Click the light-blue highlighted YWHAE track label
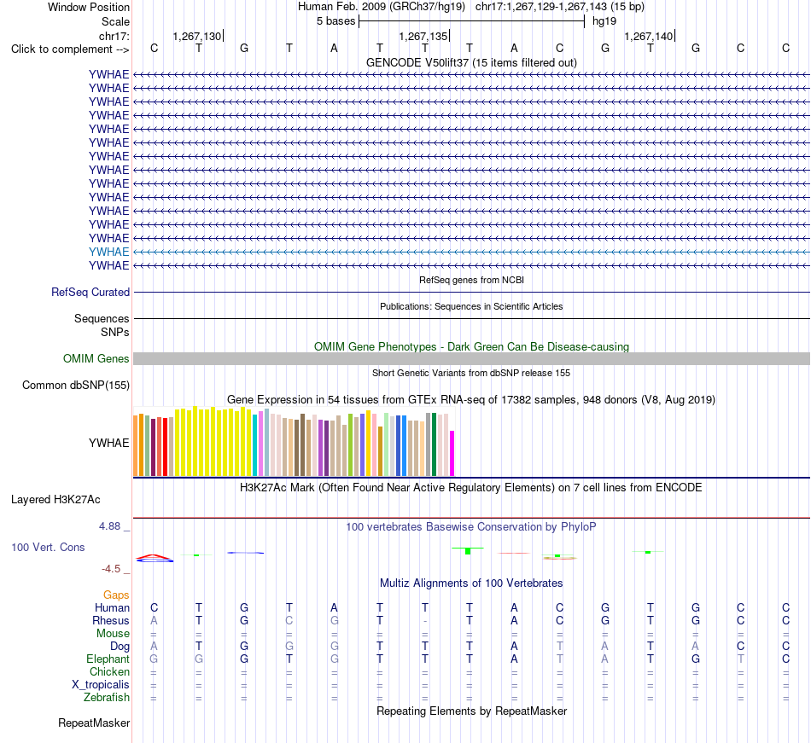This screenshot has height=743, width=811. click(x=108, y=252)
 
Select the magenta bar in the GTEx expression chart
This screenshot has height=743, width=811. click(x=452, y=453)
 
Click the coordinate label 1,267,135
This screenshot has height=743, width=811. click(x=423, y=36)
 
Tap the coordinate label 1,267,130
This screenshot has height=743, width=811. click(x=197, y=36)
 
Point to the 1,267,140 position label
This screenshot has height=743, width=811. click(x=649, y=36)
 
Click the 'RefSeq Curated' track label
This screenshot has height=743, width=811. click(x=90, y=292)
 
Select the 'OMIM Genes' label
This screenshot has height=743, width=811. click(x=96, y=358)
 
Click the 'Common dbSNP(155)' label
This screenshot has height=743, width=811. click(x=76, y=385)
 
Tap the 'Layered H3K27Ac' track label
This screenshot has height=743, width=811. click(x=55, y=500)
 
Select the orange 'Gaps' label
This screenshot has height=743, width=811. click(x=116, y=595)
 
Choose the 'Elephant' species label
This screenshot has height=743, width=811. click(x=108, y=659)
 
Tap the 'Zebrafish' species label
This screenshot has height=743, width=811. click(x=107, y=697)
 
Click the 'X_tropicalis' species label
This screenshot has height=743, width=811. click(x=101, y=685)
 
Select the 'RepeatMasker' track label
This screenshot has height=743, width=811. click(x=94, y=723)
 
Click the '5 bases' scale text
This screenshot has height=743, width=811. click(x=336, y=21)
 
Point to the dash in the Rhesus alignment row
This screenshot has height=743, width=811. click(x=424, y=621)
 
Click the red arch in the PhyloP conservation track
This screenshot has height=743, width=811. click(x=155, y=555)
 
